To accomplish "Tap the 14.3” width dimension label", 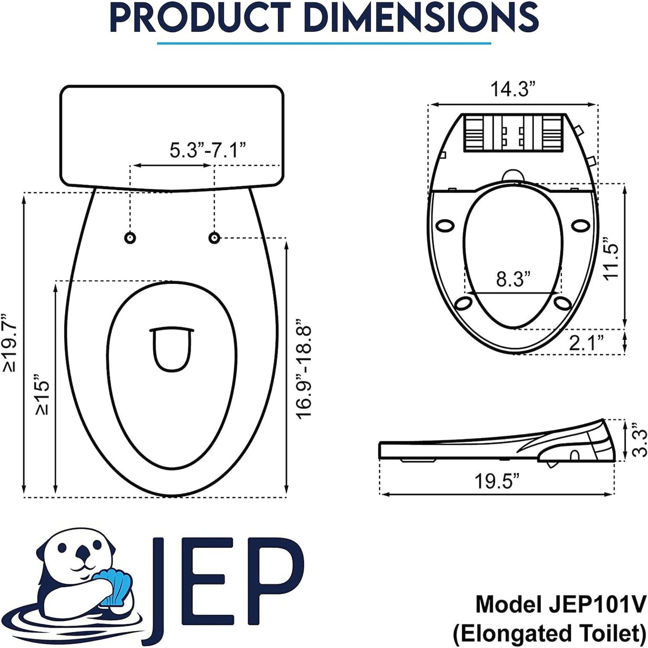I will (513, 89).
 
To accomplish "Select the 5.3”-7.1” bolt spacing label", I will (208, 150).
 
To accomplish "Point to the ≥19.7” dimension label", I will (10, 343).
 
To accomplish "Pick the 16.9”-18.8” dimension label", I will (304, 372).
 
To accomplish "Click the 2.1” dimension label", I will (586, 343).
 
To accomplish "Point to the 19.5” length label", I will (497, 482).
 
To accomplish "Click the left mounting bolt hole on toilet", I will (130, 238).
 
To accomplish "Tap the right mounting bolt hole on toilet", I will (214, 237).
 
